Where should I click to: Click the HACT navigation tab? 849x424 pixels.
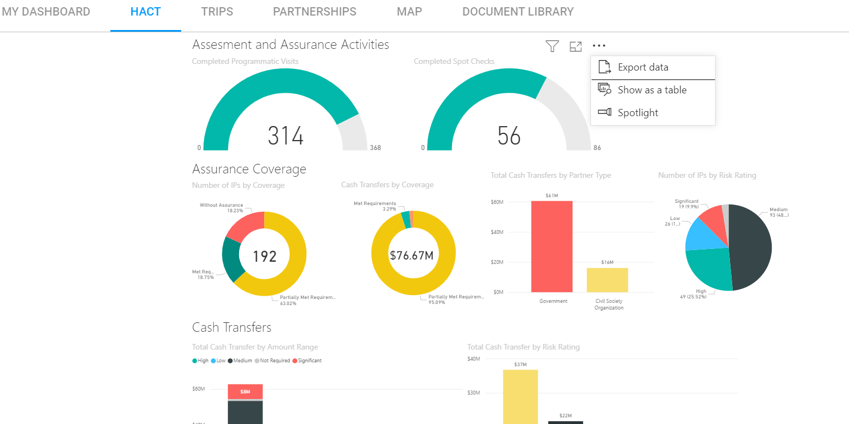click(x=146, y=12)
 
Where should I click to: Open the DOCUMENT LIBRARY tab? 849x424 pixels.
click(x=518, y=12)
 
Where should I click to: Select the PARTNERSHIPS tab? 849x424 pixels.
click(x=314, y=12)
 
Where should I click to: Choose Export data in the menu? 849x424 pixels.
click(x=643, y=67)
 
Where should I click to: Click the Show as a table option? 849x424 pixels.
click(x=652, y=90)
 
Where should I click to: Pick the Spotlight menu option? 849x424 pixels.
click(x=638, y=113)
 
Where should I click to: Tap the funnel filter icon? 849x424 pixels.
click(x=552, y=47)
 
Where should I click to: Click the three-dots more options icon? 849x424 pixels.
click(x=599, y=46)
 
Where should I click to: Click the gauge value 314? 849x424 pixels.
click(x=285, y=136)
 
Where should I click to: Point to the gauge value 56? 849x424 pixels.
click(x=509, y=136)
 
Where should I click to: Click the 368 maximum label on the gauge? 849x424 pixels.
click(x=375, y=148)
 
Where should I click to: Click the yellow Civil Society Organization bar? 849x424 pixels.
click(x=607, y=280)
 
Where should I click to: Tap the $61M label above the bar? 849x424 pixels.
click(x=552, y=196)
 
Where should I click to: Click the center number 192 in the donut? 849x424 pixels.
click(x=264, y=256)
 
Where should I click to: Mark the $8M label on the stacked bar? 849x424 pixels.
click(x=245, y=392)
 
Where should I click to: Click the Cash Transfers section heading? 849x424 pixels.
click(x=231, y=327)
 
